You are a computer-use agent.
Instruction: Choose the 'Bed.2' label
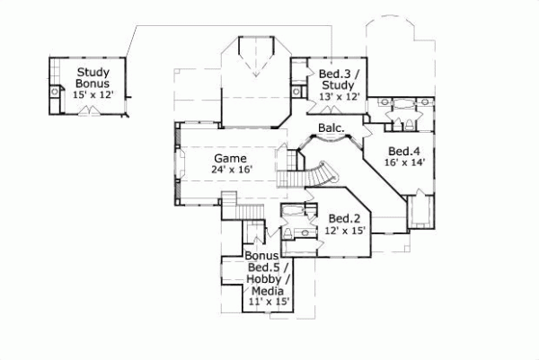click(x=344, y=218)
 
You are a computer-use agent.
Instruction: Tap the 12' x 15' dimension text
click(x=344, y=232)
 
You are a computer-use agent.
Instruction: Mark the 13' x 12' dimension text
click(x=327, y=96)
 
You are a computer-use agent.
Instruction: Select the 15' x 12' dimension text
click(x=93, y=95)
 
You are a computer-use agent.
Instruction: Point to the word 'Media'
click(x=267, y=291)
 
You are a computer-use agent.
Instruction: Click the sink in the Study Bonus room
click(x=55, y=91)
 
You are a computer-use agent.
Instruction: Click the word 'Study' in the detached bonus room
click(x=93, y=72)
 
